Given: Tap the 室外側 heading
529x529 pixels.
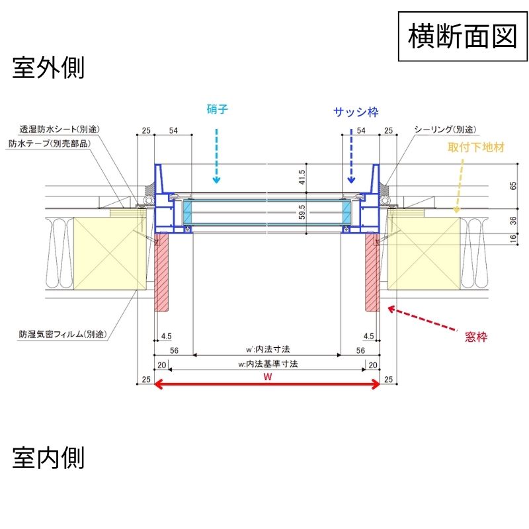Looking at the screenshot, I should click(x=48, y=67).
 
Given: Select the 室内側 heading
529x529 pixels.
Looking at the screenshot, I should click(x=48, y=457).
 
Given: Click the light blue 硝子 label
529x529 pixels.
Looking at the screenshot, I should click(x=217, y=110).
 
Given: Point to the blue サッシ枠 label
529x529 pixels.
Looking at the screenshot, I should click(x=355, y=112).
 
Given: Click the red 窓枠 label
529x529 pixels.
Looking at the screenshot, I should click(x=476, y=337).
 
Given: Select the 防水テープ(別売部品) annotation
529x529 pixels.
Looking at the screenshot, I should click(x=50, y=142).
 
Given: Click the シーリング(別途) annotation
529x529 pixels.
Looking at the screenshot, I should click(x=445, y=129).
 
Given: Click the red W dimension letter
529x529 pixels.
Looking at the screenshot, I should click(x=267, y=377).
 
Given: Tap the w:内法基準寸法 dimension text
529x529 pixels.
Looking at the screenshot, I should click(x=267, y=363).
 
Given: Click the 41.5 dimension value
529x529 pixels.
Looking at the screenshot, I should click(x=302, y=179).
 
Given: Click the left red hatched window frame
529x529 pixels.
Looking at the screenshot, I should click(x=162, y=272).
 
